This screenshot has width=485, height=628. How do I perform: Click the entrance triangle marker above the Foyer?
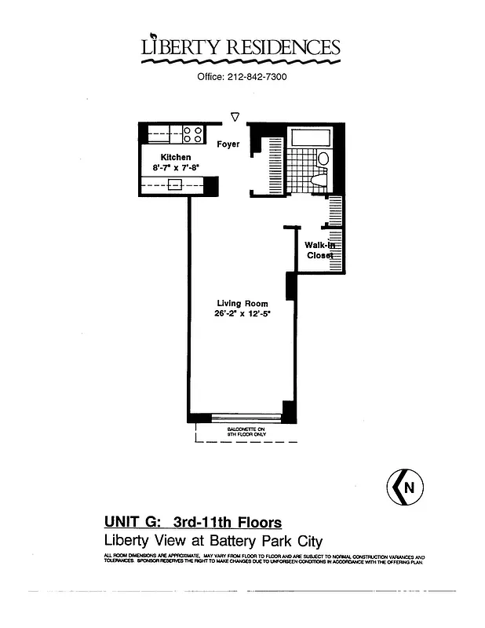[235, 118]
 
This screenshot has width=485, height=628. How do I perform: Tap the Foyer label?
[228, 144]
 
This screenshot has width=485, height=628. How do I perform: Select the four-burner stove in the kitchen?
[193, 134]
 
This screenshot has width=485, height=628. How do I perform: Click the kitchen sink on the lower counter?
[175, 185]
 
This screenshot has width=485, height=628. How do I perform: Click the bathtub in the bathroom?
[311, 138]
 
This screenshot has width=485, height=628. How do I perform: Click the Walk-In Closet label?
[319, 250]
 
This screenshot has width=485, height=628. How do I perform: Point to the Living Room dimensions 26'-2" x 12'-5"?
[242, 314]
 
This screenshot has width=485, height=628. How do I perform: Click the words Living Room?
[242, 304]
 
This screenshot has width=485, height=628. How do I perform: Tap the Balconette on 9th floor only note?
[246, 431]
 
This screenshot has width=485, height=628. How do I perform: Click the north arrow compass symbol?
[404, 487]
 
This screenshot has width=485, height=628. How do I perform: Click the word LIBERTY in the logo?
[181, 47]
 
